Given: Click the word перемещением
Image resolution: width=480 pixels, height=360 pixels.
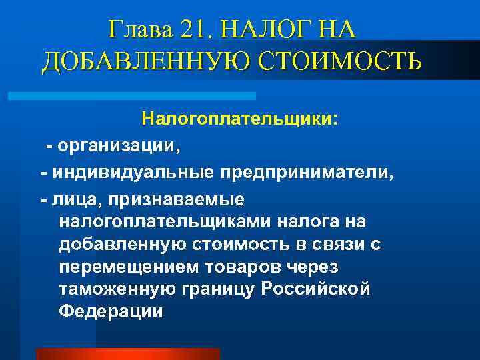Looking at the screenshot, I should click(129, 267).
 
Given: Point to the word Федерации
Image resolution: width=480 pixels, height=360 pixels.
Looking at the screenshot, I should click(111, 312).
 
